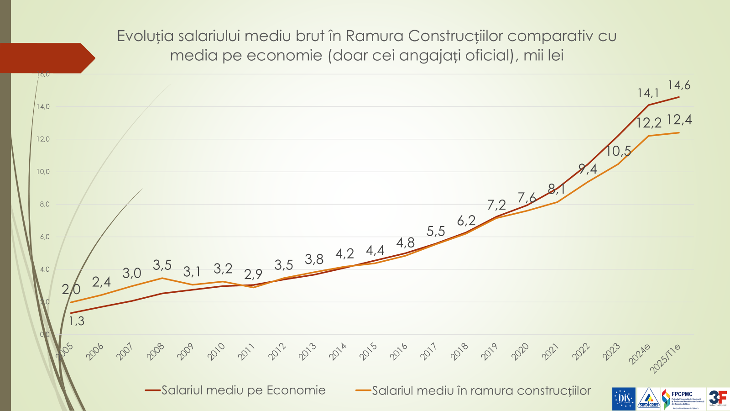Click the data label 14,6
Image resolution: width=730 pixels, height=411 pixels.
(679, 85)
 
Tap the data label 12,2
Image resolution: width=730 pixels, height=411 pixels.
(648, 123)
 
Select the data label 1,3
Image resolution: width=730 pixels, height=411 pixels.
(77, 321)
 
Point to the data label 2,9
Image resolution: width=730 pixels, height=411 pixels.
(253, 274)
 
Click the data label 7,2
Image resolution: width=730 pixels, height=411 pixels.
(496, 205)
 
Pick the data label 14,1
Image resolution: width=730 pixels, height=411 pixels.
(648, 93)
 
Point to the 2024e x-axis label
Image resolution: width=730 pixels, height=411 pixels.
(639, 354)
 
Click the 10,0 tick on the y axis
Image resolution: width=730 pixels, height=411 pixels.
(43, 172)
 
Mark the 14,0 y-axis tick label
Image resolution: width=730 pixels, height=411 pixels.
(43, 106)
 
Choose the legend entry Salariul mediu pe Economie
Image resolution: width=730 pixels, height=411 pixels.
(243, 390)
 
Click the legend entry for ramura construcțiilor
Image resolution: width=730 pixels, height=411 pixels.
(481, 391)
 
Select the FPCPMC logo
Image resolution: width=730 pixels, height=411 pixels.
(683, 399)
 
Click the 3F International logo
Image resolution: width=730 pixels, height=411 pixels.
(718, 399)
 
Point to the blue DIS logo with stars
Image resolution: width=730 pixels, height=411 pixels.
(623, 399)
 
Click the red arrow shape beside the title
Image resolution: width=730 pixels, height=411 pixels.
(46, 58)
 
